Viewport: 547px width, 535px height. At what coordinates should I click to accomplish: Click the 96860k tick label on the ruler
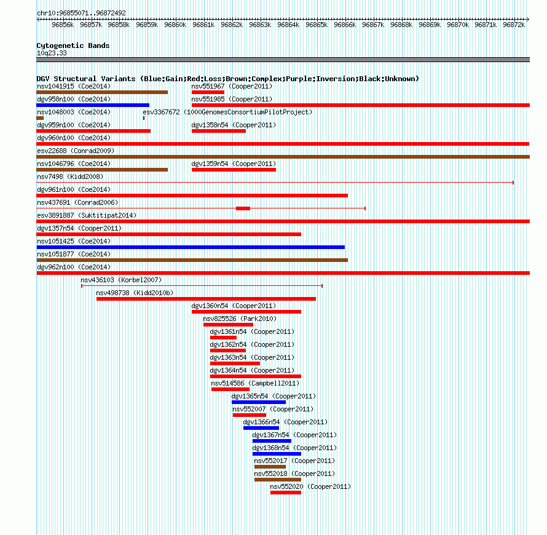coord(175,25)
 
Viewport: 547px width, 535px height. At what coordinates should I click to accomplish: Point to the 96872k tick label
coord(514,25)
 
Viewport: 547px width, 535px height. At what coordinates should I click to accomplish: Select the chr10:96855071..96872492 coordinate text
coord(81,13)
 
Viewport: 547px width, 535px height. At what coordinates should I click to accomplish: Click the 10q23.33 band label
coord(52,53)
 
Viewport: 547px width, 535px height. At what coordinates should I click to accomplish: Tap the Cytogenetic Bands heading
coord(73,46)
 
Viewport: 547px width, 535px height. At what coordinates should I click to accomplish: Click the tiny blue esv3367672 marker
coord(144,118)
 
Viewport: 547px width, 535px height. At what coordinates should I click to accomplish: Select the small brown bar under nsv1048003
coord(40,118)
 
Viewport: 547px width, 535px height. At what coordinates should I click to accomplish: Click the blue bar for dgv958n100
coord(93,105)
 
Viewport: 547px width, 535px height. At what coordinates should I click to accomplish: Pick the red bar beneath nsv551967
coord(208,92)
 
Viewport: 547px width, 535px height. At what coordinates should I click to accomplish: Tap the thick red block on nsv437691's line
coord(243,208)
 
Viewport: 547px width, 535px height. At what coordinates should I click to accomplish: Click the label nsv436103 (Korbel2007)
coord(121,280)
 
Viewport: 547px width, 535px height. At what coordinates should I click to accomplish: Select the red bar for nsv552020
coord(286,493)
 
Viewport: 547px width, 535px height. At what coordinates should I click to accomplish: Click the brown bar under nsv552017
coord(270,467)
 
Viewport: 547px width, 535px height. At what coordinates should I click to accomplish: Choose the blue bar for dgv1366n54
coord(261,428)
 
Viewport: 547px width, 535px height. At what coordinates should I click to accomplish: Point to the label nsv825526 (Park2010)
coord(240,319)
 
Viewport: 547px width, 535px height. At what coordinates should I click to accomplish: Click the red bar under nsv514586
coord(230,389)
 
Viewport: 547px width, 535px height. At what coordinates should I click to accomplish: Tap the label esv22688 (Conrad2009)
coord(76,151)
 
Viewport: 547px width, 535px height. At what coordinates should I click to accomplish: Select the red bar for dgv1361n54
coord(223,338)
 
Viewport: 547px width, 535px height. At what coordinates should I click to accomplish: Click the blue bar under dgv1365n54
coord(259,402)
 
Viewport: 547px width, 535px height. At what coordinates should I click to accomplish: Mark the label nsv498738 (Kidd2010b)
coord(135,293)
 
